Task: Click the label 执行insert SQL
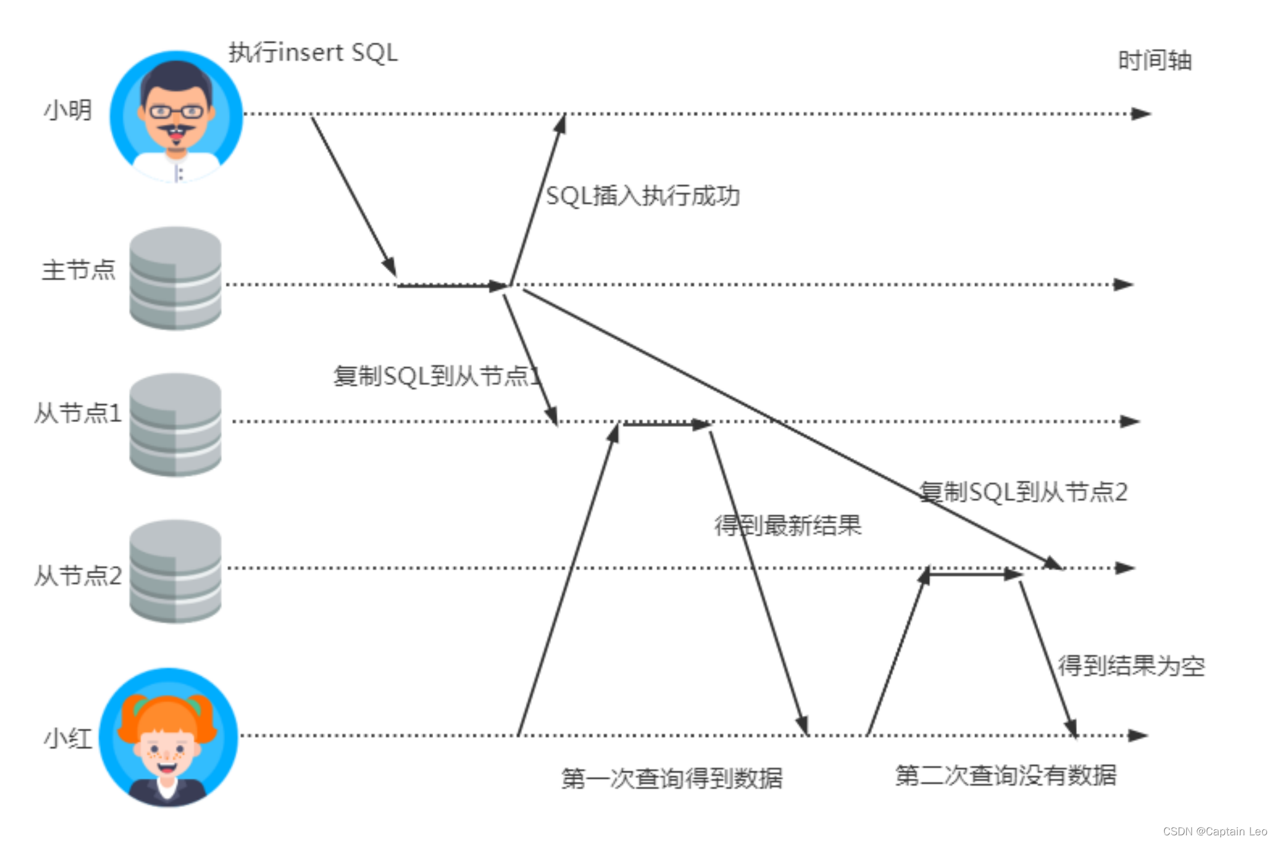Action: pos(313,53)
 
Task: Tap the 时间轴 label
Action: pos(1154,61)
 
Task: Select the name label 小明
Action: pos(68,110)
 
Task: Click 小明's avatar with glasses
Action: pos(176,116)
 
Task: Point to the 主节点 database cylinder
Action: pos(175,278)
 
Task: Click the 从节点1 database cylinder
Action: pos(175,424)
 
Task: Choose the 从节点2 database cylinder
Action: pos(175,571)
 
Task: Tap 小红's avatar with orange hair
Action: pos(168,737)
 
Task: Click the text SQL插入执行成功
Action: pos(643,196)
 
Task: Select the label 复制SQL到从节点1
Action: pos(437,376)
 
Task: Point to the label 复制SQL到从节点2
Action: pos(1023,492)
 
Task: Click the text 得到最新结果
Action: pos(788,525)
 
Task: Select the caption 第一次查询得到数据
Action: pos(672,778)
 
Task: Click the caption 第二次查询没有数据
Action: pos(1005,775)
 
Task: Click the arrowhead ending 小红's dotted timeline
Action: pos(1137,736)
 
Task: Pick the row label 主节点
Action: pos(79,270)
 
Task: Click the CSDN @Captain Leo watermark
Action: pos(1215,831)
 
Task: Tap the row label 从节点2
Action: pos(78,576)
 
